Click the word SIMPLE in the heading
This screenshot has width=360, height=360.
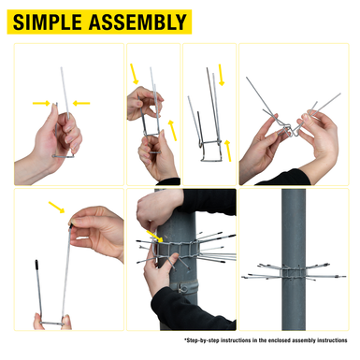(x=48, y=22)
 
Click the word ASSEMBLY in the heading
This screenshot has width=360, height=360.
(x=137, y=22)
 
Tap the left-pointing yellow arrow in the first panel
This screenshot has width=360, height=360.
(x=81, y=103)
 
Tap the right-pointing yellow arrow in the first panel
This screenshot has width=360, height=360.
(x=41, y=103)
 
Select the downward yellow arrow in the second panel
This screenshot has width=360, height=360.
(x=135, y=74)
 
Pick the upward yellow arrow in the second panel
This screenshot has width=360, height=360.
(x=172, y=130)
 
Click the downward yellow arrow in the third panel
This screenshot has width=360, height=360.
(x=222, y=75)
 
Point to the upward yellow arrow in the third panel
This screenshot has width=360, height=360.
(x=228, y=151)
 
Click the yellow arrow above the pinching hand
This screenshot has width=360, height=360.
(x=57, y=208)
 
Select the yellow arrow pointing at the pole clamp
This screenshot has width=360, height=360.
(x=154, y=237)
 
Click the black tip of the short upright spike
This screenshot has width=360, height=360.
(x=36, y=265)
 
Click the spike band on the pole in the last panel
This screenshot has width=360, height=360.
(x=294, y=272)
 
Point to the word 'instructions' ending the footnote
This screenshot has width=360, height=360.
(x=332, y=340)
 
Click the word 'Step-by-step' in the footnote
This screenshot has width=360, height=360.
(x=202, y=340)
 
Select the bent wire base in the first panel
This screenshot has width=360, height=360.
(x=64, y=155)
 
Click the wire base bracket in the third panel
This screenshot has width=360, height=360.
(x=210, y=151)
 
